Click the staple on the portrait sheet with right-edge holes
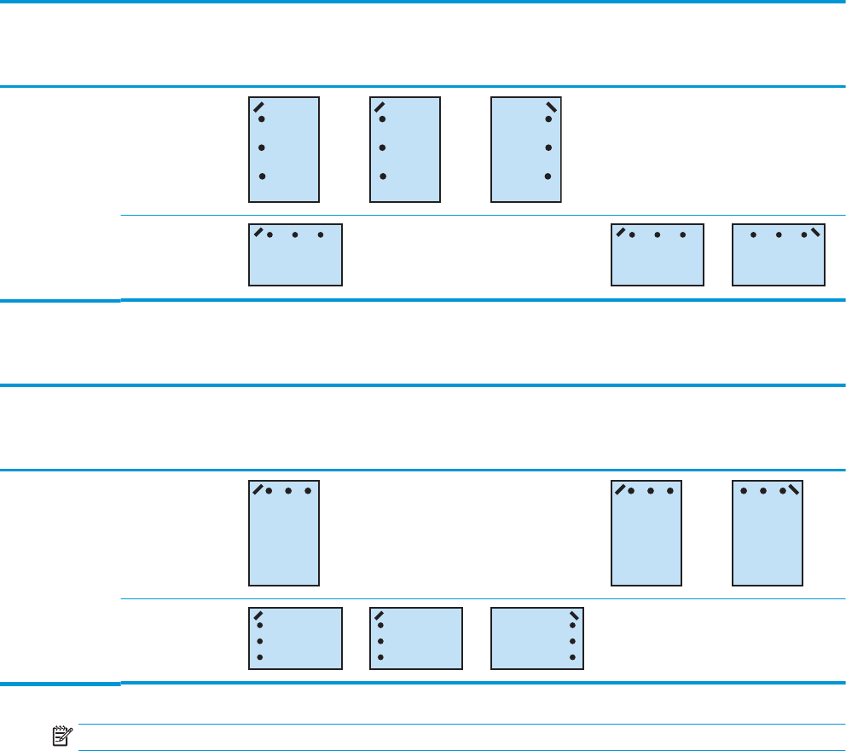[553, 108]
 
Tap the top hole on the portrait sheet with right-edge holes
[548, 119]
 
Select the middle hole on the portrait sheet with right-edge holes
[548, 147]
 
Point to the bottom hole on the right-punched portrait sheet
[548, 176]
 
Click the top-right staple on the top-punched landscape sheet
[815, 231]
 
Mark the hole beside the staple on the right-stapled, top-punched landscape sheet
[804, 234]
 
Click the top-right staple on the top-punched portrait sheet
[794, 488]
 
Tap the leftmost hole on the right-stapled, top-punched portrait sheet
[744, 491]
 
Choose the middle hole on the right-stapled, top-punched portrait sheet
[763, 491]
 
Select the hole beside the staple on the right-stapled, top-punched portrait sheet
[783, 491]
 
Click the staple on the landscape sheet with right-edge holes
[574, 615]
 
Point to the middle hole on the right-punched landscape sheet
[571, 641]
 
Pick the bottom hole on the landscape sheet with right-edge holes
[571, 657]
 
